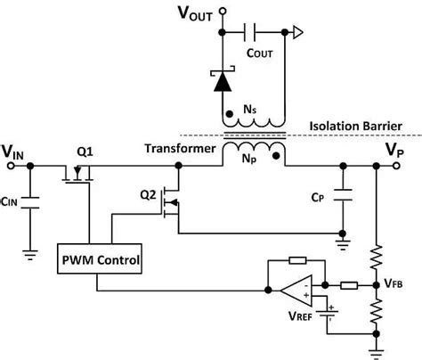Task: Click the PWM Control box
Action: pos(98,261)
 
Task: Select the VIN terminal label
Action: pos(13,155)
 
